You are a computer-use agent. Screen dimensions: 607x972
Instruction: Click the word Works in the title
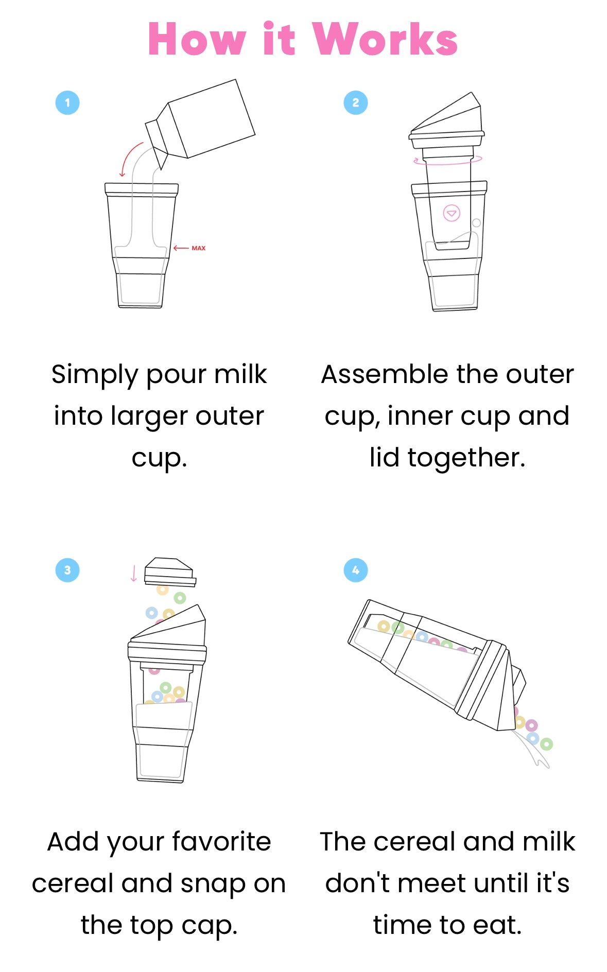click(x=385, y=39)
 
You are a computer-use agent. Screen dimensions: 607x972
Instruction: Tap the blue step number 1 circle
click(x=67, y=102)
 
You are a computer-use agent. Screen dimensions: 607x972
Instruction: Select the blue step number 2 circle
click(x=356, y=102)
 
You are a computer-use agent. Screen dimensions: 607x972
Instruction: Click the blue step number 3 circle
click(x=67, y=570)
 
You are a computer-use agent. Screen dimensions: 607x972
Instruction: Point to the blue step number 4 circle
click(x=356, y=570)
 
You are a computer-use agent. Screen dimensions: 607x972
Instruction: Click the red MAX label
click(x=198, y=248)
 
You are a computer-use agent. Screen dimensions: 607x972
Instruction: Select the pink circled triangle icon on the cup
click(x=452, y=213)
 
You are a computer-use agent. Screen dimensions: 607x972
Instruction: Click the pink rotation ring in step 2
click(x=448, y=164)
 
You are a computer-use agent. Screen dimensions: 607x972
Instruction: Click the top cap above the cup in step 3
click(x=170, y=571)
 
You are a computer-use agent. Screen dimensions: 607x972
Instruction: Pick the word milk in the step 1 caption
click(x=240, y=374)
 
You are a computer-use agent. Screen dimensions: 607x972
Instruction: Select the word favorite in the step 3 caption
click(x=221, y=842)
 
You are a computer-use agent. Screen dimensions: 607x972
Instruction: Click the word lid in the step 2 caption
click(x=384, y=457)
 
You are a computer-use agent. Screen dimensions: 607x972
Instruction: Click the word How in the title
click(x=197, y=39)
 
